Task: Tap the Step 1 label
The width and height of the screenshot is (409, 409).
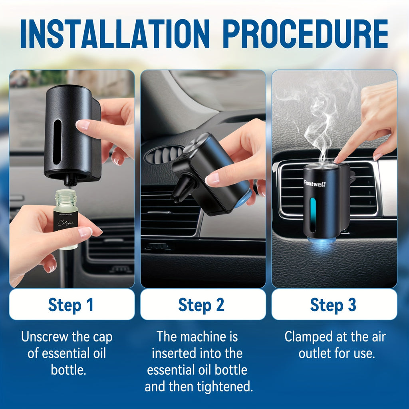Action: (x=71, y=305)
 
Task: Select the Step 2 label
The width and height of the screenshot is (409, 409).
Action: (x=202, y=305)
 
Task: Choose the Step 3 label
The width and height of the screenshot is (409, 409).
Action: (x=333, y=305)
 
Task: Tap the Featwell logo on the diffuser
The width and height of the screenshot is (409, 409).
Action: (x=315, y=184)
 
